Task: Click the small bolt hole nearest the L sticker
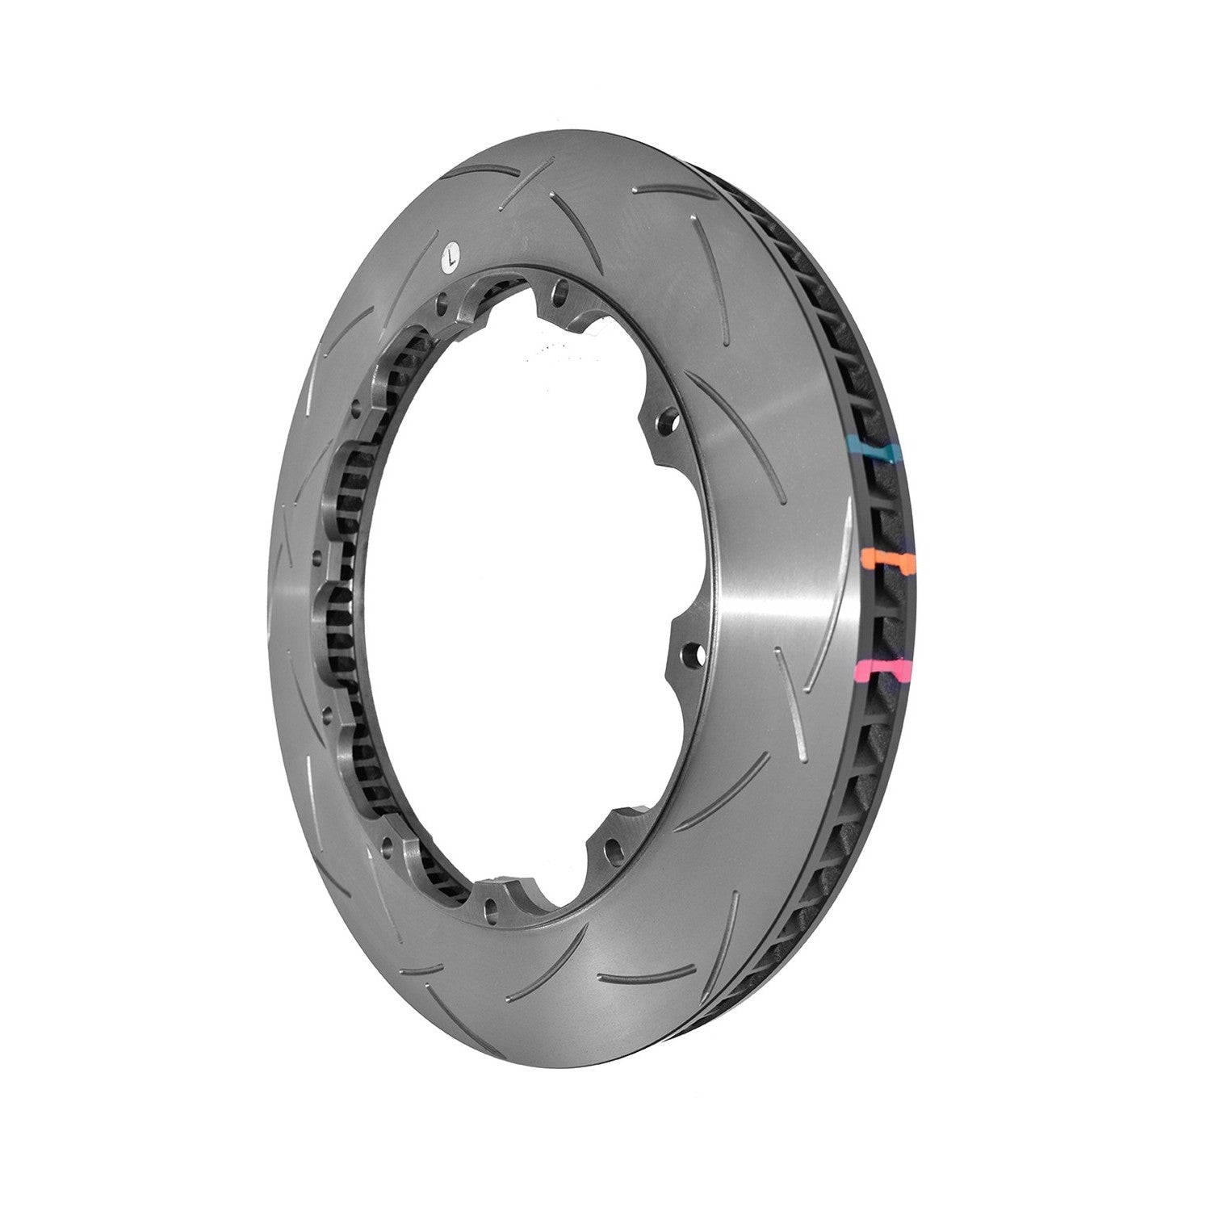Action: [442, 304]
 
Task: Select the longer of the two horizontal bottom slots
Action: [637, 979]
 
